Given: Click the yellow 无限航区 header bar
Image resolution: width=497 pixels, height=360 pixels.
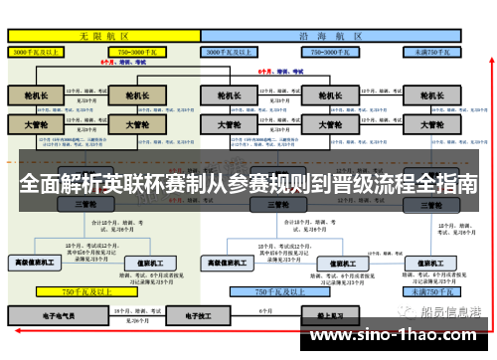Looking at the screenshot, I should point(104,35).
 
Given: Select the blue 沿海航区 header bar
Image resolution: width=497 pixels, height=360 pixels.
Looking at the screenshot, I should point(333,35).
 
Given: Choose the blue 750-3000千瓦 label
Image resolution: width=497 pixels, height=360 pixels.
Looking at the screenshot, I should point(333,50).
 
